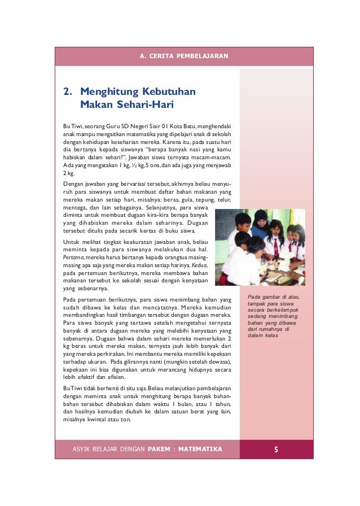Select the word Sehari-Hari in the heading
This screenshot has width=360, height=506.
pyautogui.click(x=144, y=104)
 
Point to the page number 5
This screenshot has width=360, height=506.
pyautogui.click(x=276, y=450)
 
